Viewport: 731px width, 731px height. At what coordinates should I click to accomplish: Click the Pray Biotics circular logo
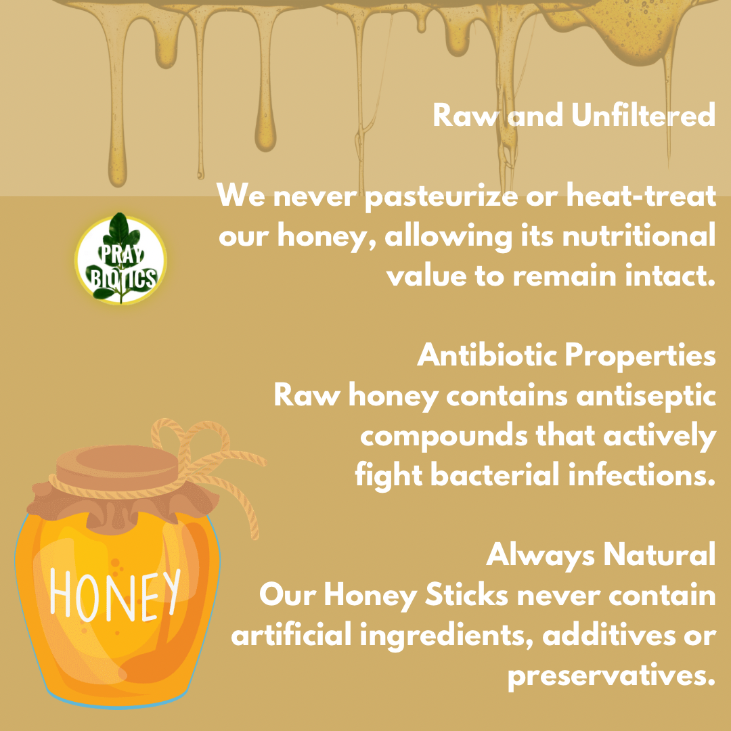(120, 259)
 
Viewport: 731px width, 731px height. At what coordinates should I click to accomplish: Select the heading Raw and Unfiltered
(574, 115)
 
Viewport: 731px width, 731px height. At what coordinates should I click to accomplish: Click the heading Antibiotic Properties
(566, 355)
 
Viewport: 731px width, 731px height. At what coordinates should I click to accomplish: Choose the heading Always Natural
(600, 555)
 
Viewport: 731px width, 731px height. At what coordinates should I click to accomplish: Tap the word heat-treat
(641, 195)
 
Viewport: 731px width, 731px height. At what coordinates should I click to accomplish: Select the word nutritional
(639, 236)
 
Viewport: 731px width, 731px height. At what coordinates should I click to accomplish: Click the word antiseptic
(646, 397)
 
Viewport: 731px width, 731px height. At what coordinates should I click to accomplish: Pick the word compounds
(444, 437)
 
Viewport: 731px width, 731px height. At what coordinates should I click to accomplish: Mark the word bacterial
(495, 475)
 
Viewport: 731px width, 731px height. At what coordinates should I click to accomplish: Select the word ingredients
(446, 636)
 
